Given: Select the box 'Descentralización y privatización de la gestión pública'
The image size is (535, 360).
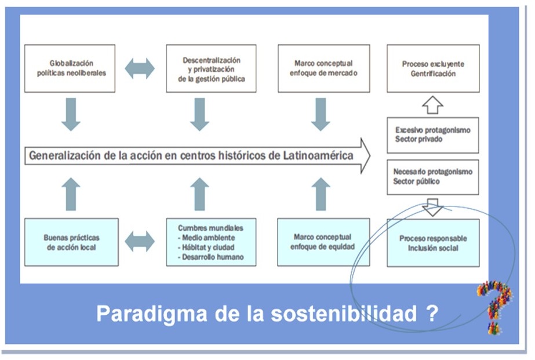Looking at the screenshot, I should tap(211, 68).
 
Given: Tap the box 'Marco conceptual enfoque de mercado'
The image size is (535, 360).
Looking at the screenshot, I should tap(323, 68).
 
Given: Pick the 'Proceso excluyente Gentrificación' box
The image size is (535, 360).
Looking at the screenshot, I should tap(433, 68).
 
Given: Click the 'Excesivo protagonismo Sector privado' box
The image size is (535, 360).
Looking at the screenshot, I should tap(433, 135).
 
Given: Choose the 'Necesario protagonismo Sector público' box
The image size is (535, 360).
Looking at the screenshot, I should tap(433, 177).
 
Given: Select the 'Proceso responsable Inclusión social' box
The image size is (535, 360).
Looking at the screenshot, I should tap(433, 243).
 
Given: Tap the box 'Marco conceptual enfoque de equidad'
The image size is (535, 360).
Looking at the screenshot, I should tap(323, 242).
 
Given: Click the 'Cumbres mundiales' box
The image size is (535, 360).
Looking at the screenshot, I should tap(211, 242).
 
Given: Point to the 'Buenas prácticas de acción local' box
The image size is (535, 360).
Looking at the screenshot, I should tap(71, 242).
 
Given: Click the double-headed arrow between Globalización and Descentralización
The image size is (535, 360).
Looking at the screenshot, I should tap(140, 68).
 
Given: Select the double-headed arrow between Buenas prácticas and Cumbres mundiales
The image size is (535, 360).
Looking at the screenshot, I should tap(140, 241).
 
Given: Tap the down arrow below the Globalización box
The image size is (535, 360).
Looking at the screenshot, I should tap(71, 114).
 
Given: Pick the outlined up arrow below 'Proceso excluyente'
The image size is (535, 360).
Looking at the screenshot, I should tap(433, 105).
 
